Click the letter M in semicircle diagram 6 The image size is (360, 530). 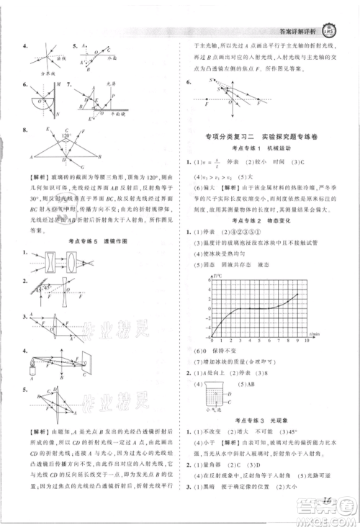coord(35,83)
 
